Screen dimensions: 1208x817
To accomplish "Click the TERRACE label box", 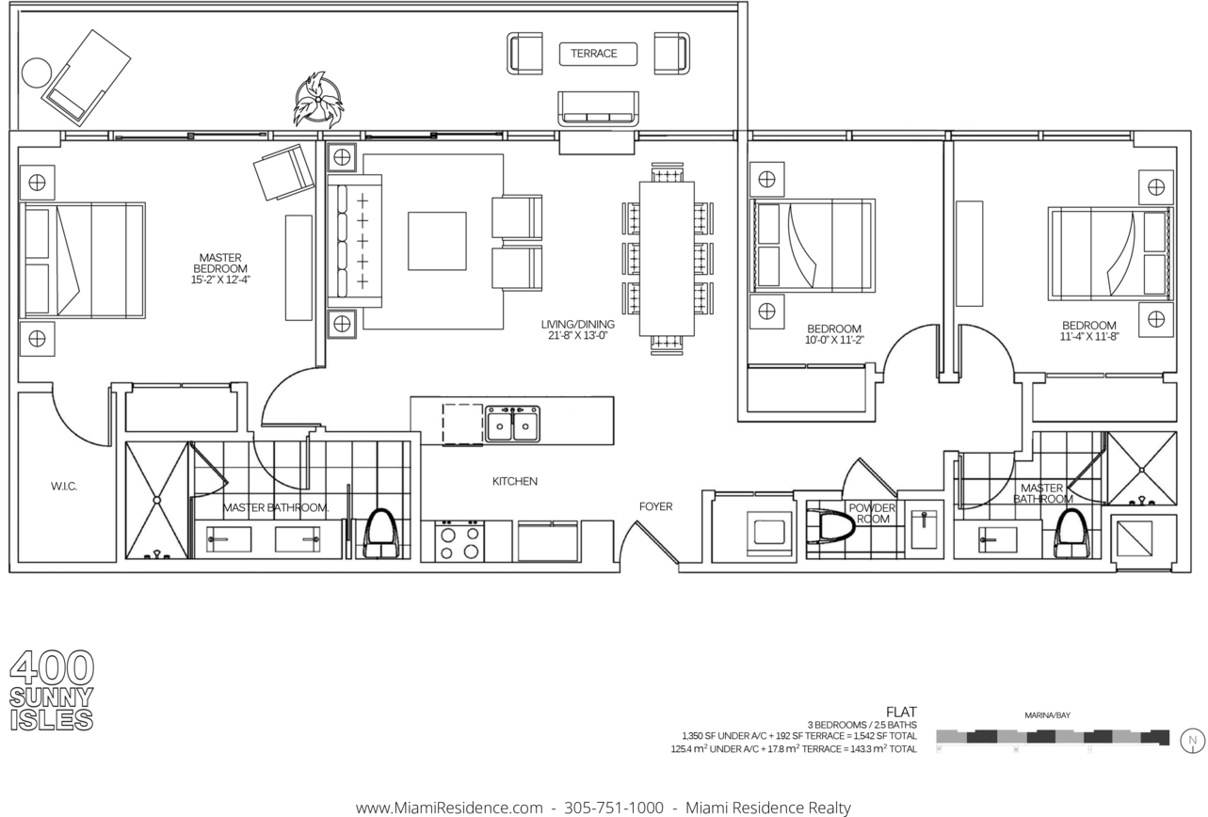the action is pos(598,54).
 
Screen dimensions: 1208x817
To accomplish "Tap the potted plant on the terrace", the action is pos(319,100).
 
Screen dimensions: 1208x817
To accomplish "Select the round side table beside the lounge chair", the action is pos(37,72).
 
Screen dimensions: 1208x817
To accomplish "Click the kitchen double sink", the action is pos(512,424).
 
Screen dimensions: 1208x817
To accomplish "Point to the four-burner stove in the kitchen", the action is pos(459,541).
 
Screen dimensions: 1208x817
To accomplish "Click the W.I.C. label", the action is pos(64,487).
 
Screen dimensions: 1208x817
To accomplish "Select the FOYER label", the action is pos(655,506).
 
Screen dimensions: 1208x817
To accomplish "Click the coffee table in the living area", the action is pos(437,241).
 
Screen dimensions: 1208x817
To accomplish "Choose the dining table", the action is pos(667,259).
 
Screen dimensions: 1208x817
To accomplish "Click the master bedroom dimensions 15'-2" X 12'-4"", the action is pos(220,280).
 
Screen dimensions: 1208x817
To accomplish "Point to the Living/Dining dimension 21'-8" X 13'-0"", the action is pos(577,335).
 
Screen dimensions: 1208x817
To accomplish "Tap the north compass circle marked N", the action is pos(1193,741).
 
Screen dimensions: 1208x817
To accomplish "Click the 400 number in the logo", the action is pos(52,667).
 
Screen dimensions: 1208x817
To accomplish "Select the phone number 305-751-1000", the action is pos(614,808).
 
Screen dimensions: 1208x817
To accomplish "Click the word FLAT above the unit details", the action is pos(901,712).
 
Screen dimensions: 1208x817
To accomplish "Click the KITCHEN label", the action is pos(514,481).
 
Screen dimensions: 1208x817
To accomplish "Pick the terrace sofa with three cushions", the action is pos(598,108).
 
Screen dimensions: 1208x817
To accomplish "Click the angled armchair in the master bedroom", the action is pos(283,171).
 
